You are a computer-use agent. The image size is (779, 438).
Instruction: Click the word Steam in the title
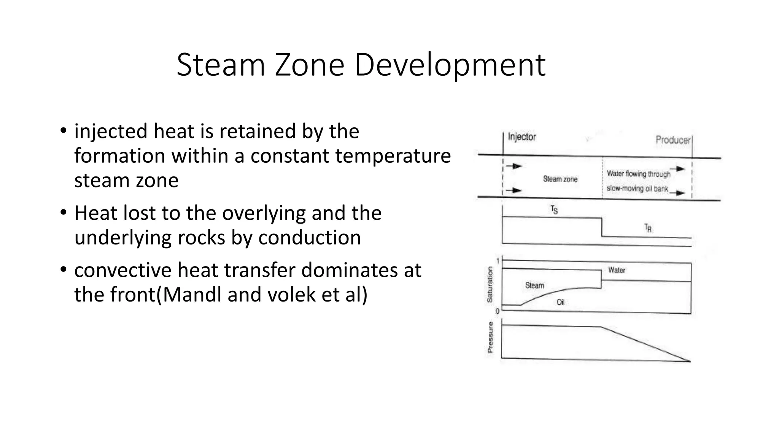[x=221, y=65]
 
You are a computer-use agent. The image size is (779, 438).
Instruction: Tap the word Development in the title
[x=450, y=65]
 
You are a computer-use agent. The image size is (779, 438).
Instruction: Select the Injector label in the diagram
[x=522, y=137]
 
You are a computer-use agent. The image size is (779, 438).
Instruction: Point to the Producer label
[x=673, y=140]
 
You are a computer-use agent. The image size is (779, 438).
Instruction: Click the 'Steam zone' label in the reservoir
[x=560, y=179]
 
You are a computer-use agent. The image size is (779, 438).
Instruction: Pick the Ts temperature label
[x=554, y=210]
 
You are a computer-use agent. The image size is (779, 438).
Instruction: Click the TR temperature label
[x=648, y=228]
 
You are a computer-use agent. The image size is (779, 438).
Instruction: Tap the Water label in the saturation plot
[x=617, y=270]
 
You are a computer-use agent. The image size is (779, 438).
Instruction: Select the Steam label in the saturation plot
[x=534, y=285]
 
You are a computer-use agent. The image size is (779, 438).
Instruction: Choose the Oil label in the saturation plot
[x=560, y=302]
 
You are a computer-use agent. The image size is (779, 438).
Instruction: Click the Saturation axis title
[x=490, y=284]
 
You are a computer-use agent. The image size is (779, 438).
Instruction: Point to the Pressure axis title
[x=490, y=337]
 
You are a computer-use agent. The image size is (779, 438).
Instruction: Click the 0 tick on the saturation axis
[x=498, y=311]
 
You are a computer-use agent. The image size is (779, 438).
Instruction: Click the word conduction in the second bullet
[x=309, y=238]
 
